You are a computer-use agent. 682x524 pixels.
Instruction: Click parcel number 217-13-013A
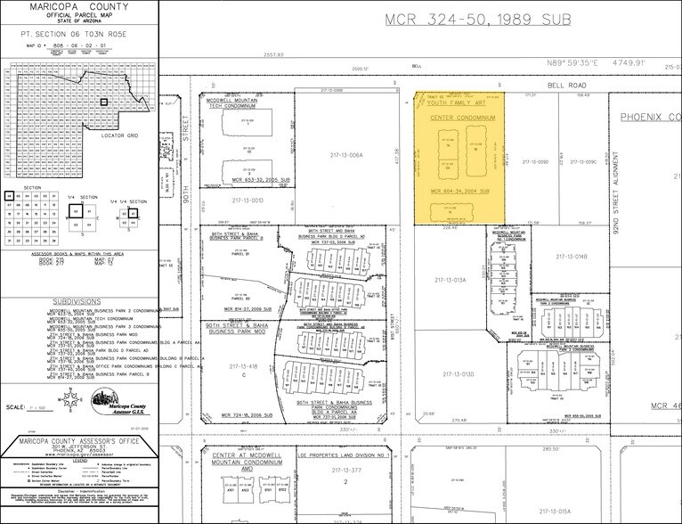pos(450,280)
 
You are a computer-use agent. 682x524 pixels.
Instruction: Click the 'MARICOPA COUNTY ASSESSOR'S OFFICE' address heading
pos(80,442)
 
